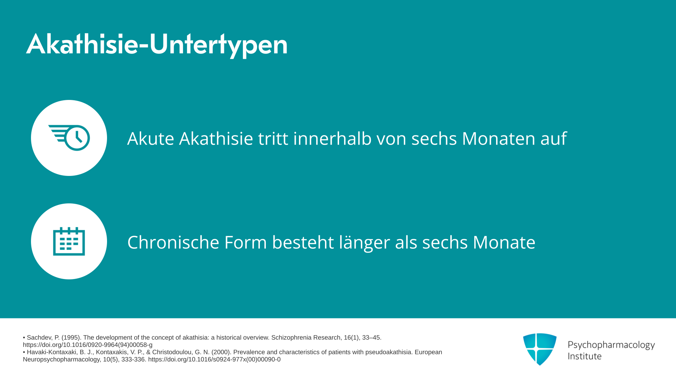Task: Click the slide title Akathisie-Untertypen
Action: [157, 45]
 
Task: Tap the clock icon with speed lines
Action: [69, 138]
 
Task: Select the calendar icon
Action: [69, 241]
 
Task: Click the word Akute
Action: [151, 138]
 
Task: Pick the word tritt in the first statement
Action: [273, 138]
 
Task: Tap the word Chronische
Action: [173, 242]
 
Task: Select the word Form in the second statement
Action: [245, 242]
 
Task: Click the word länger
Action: [364, 243]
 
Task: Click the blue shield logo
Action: [540, 349]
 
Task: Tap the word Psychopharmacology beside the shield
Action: [611, 345]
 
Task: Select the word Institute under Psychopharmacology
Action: [584, 356]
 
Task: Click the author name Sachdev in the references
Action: [40, 338]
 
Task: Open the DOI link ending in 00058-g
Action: [88, 345]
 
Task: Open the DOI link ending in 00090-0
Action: [214, 360]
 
